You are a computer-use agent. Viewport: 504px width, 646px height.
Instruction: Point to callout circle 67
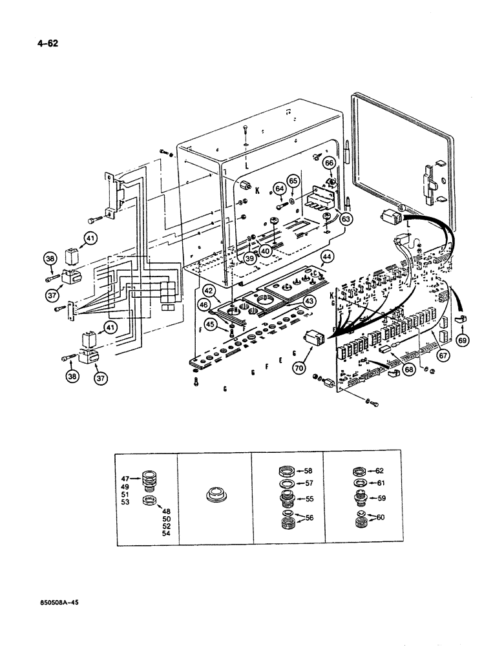coord(442,354)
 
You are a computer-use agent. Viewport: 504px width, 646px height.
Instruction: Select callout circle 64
coord(280,189)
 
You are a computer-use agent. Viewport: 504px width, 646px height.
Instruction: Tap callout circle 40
coord(266,251)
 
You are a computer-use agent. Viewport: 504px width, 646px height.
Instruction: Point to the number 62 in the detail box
coord(380,471)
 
